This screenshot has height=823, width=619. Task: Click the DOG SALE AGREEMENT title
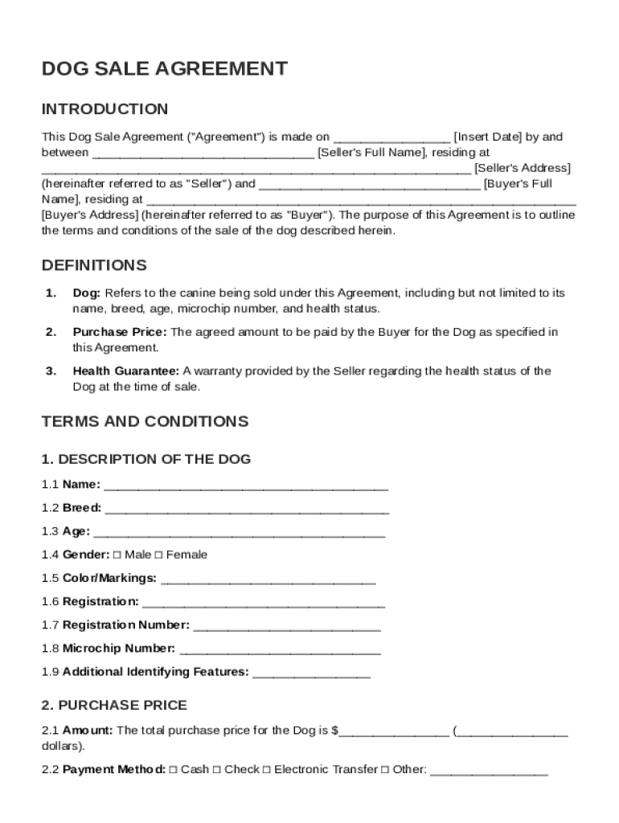164,69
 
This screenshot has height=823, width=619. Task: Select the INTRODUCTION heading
105,109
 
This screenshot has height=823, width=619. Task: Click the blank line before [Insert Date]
391,137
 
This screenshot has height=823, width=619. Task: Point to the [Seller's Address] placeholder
523,168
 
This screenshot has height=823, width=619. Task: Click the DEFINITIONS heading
94,265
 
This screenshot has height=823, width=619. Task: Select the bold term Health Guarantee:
126,371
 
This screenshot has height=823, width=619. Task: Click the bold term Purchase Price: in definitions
120,333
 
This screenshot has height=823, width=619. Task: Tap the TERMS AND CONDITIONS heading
145,422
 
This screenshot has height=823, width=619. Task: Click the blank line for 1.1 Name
246,485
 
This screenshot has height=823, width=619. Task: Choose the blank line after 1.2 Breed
247,508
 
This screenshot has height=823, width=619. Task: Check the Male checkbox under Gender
117,555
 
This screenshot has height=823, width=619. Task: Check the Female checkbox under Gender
158,555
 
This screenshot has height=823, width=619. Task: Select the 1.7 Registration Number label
126,625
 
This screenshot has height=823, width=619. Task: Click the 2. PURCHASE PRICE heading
114,706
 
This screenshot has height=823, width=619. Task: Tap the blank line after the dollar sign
394,731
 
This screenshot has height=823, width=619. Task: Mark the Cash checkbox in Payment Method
174,770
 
